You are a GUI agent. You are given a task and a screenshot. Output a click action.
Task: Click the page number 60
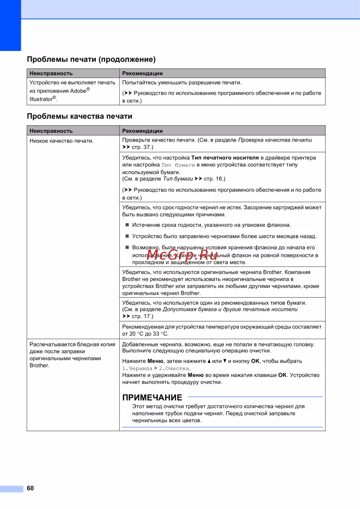30,488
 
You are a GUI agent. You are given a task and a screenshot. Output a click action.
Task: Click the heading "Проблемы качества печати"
80,116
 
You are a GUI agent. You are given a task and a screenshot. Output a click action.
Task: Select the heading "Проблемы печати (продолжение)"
91,59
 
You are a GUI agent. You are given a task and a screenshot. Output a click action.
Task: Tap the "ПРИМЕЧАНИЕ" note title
152,397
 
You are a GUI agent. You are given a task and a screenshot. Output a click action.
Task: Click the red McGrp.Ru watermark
182,255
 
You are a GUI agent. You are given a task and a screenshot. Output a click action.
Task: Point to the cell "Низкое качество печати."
62,141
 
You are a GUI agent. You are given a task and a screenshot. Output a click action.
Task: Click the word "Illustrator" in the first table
41,99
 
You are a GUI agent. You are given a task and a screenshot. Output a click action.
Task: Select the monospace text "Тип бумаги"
178,165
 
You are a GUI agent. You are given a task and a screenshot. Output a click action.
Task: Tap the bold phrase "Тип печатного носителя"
225,158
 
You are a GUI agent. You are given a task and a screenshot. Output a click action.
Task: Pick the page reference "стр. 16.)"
215,179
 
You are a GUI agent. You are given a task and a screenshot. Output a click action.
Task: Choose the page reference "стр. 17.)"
142,316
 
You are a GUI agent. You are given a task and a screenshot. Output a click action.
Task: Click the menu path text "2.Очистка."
175,368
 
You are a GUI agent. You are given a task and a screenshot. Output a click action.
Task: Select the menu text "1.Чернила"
137,368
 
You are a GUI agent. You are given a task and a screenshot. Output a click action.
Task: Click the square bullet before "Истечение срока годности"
127,225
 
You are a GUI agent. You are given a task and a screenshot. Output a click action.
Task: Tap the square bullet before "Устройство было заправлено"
127,236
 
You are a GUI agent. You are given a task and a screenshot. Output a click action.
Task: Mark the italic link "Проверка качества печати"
275,140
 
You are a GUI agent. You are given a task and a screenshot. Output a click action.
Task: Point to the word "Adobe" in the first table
78,91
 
